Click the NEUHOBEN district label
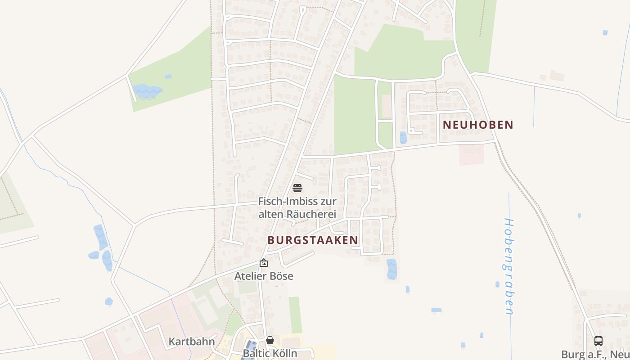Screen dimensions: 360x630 tap(478, 125)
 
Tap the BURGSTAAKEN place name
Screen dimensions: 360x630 tap(313, 240)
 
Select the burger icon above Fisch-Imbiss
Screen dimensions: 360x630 tap(297, 188)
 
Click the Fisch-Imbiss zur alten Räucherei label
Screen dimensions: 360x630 tap(297, 208)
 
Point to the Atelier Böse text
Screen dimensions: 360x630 tap(264, 276)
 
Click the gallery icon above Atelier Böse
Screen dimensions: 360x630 tap(264, 263)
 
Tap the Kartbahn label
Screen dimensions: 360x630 tap(192, 341)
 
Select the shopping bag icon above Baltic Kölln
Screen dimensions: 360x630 tap(270, 340)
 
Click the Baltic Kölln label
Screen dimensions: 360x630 tap(270, 353)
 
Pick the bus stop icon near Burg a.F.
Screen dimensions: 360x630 tap(598, 341)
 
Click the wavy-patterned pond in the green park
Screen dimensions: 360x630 tap(147, 91)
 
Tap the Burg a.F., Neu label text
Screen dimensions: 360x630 tap(595, 354)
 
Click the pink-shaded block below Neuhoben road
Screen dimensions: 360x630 tap(471, 154)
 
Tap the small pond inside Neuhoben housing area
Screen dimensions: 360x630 tap(403, 137)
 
